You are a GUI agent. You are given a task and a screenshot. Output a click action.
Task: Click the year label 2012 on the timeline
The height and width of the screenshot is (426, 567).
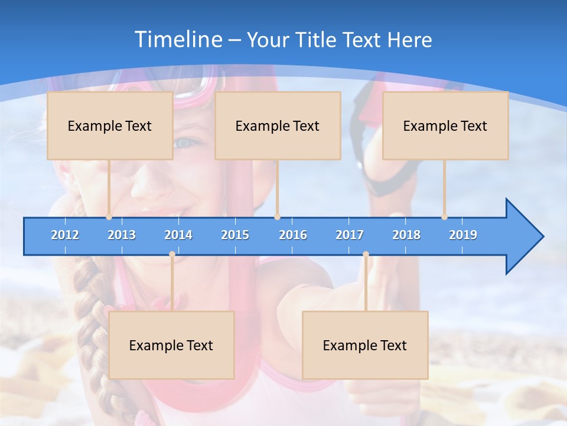point(65,235)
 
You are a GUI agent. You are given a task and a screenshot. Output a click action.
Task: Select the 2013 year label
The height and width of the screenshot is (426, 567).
point(122,235)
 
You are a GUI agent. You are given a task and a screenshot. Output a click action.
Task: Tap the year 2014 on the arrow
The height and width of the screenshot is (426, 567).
point(178,235)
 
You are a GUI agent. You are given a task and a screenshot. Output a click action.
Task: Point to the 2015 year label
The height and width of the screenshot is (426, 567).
point(235,235)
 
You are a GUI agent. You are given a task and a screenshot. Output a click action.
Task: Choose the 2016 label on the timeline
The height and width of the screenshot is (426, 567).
point(293,235)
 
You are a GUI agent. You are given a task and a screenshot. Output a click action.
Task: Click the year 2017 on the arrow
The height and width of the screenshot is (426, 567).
point(350,235)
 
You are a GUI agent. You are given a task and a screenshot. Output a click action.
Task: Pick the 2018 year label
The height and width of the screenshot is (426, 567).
point(406,235)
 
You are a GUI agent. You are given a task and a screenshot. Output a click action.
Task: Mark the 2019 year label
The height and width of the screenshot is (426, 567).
point(463,235)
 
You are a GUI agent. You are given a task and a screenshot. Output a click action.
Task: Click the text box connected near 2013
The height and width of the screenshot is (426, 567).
point(110,125)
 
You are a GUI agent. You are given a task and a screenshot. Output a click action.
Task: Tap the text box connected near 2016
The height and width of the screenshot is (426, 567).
point(278,125)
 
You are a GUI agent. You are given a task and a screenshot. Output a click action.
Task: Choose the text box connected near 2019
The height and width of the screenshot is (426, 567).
point(445,125)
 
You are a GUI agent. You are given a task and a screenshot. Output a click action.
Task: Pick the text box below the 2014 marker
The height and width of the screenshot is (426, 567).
point(171,345)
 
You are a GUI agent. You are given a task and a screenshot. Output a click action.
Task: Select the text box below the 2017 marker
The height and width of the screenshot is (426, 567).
point(365,345)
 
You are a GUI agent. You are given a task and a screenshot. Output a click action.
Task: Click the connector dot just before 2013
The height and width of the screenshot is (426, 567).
point(109,217)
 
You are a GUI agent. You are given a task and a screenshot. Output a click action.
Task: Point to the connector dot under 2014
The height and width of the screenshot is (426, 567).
point(172,254)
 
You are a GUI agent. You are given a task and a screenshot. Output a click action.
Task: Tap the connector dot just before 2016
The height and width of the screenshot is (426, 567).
point(277,217)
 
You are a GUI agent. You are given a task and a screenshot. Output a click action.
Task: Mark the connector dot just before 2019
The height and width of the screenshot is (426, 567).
point(445,217)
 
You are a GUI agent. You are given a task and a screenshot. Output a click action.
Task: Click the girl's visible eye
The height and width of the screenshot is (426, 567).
point(184,143)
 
